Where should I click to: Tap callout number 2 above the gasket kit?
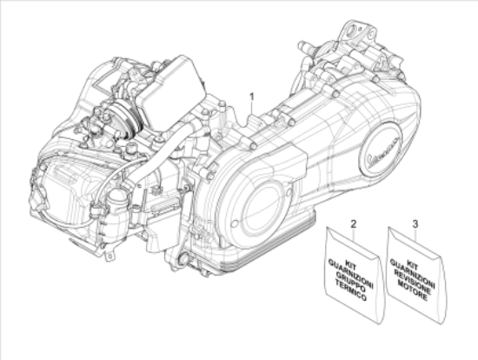354,224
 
